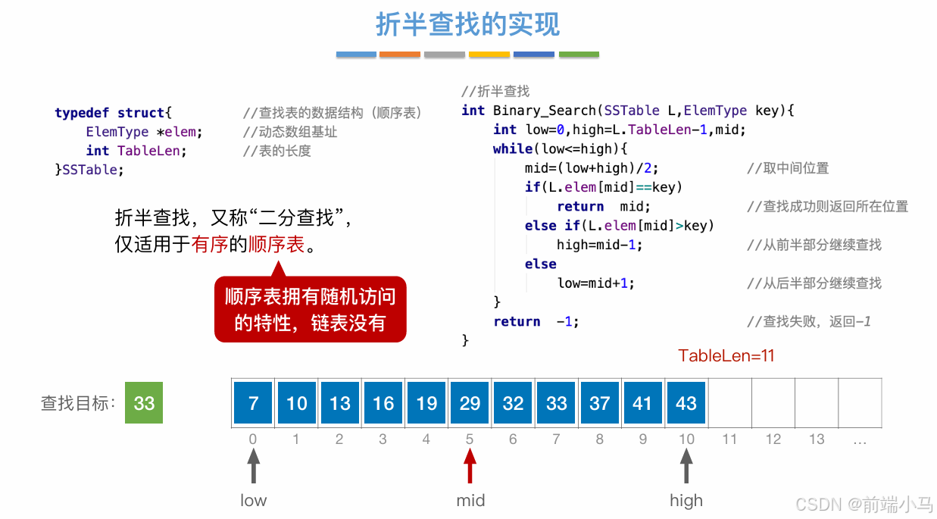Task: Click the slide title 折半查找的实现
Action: [467, 24]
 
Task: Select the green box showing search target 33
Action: [144, 402]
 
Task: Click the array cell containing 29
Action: [470, 402]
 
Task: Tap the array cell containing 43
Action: [686, 402]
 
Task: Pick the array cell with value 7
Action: [253, 402]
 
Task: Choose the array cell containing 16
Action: [383, 402]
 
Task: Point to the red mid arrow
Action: [470, 465]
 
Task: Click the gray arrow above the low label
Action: [254, 465]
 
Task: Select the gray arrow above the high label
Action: [686, 465]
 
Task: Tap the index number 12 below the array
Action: [773, 439]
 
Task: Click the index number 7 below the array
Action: [556, 439]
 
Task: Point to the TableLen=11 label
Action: [726, 356]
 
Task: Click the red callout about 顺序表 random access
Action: [310, 309]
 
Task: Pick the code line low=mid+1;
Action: [595, 283]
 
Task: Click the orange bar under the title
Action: [399, 55]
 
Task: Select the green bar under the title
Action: [579, 55]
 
